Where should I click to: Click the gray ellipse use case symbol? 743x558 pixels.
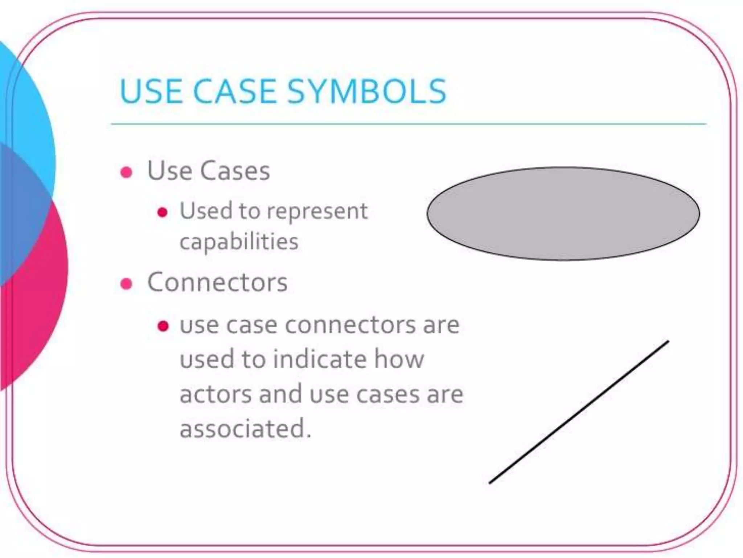(x=563, y=214)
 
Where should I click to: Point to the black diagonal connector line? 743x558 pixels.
(x=579, y=412)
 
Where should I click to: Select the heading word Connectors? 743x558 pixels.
(x=217, y=282)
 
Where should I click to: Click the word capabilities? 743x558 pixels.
(x=239, y=242)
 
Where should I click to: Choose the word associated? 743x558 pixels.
(x=245, y=429)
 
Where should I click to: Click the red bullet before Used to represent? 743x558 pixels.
(x=163, y=213)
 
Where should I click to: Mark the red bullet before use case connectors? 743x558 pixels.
(x=163, y=326)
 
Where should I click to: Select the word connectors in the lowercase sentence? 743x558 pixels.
(x=350, y=325)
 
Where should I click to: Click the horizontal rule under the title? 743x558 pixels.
(x=409, y=124)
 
